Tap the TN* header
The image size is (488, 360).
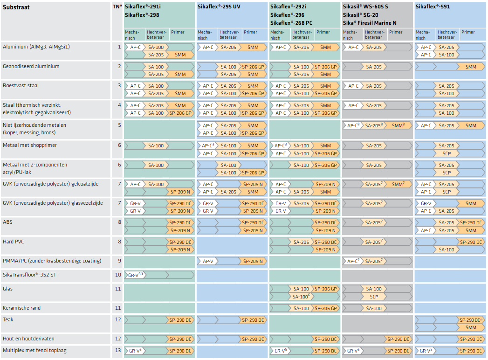coord(117,7)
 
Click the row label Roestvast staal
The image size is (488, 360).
coord(21,86)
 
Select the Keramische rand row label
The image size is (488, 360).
coord(21,308)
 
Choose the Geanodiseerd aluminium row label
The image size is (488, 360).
coord(31,66)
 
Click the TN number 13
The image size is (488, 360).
coord(118,350)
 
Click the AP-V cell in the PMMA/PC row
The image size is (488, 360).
coord(208,261)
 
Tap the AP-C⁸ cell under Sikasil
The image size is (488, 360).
coord(353,125)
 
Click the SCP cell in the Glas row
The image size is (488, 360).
coord(374,297)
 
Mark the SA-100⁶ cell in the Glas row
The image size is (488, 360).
coord(301,297)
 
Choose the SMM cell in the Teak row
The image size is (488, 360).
coord(471,328)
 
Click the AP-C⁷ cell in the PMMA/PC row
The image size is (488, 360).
coord(353,261)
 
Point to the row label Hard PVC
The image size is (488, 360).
coord(14,242)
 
